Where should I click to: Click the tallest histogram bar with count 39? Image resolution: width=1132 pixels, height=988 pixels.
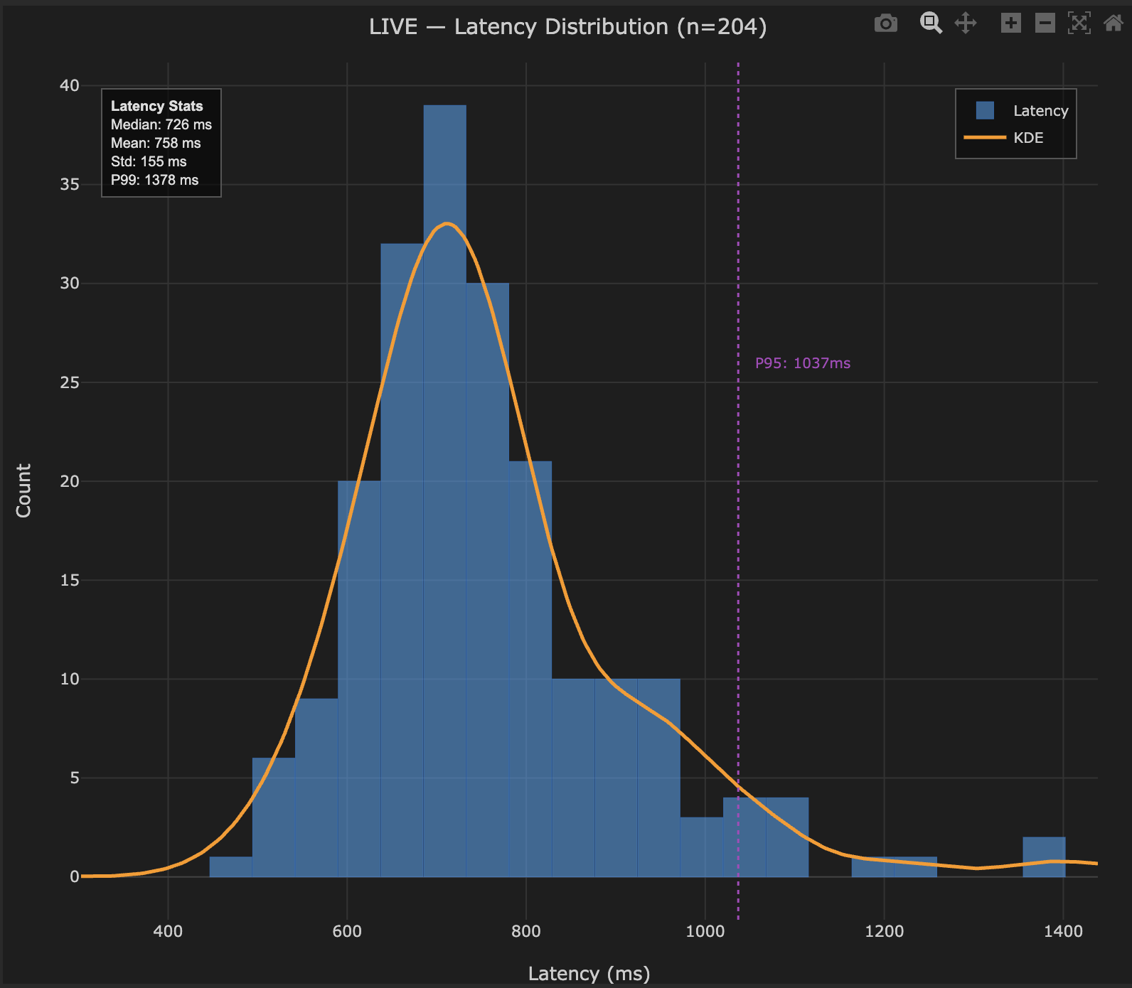(x=444, y=490)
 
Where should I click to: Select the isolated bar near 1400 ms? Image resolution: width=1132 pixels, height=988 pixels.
(x=1044, y=857)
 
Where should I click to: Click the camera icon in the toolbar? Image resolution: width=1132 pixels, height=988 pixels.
(x=885, y=23)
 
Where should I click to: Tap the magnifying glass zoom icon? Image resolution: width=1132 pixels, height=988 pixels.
(x=930, y=23)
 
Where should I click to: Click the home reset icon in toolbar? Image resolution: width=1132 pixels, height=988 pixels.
(x=1113, y=23)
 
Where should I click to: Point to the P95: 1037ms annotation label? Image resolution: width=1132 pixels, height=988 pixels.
(x=802, y=363)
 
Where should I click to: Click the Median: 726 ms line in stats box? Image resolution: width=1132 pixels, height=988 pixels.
(x=161, y=124)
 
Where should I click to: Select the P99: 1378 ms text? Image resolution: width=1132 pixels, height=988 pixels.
(x=155, y=180)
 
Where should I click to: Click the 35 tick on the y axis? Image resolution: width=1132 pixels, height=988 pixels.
(x=70, y=185)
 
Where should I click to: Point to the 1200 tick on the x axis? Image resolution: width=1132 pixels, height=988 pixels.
(x=884, y=931)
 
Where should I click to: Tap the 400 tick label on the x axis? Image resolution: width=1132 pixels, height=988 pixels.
(x=168, y=931)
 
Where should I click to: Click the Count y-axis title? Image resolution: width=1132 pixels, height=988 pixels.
(x=23, y=490)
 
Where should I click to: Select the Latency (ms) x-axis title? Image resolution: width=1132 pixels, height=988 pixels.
(x=589, y=973)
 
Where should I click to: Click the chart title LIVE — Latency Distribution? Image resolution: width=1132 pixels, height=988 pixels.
(x=567, y=27)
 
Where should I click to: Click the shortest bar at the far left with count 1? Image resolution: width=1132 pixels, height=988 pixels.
(x=230, y=866)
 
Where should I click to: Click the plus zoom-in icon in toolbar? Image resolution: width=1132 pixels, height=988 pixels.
(x=1010, y=23)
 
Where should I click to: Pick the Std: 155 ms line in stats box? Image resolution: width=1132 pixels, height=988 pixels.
(x=149, y=161)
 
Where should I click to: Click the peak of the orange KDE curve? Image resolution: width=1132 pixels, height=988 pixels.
(x=447, y=224)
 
